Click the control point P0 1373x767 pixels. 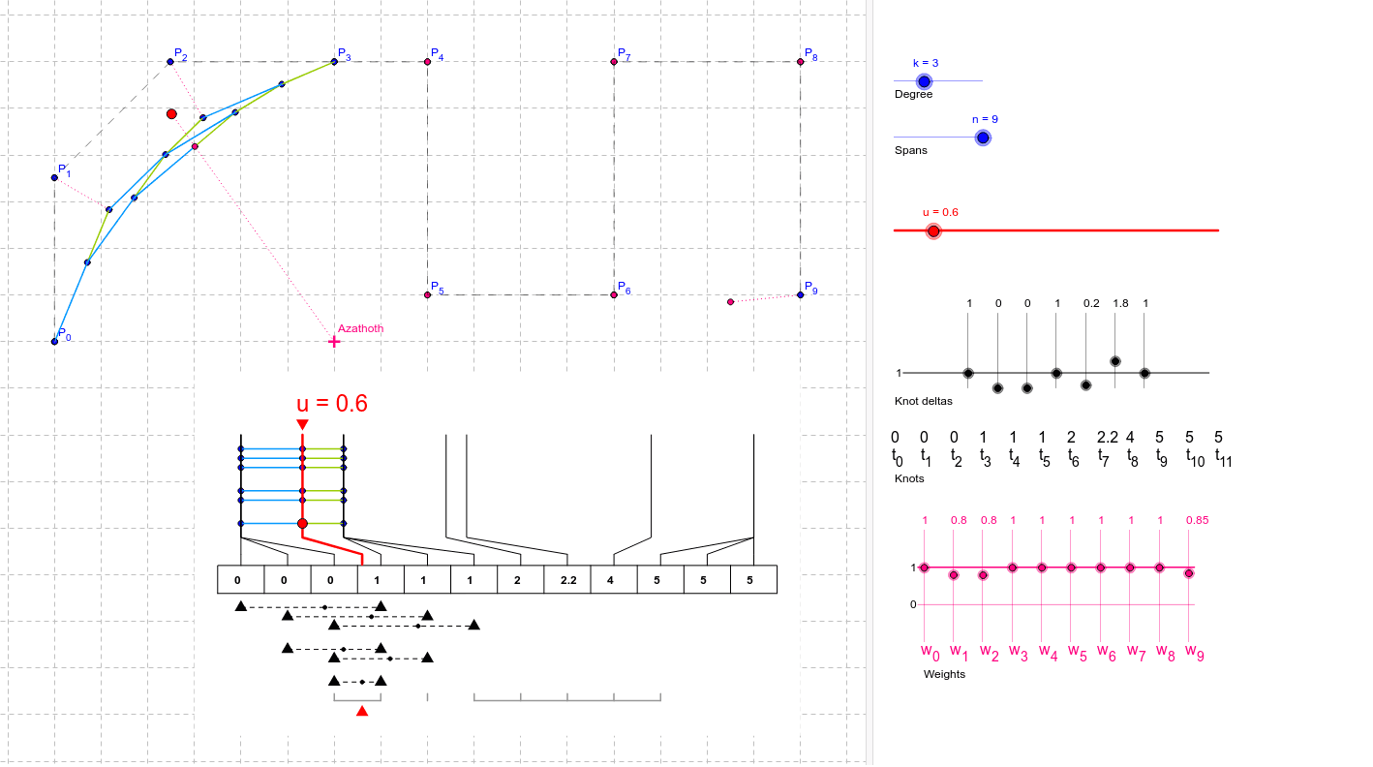click(54, 341)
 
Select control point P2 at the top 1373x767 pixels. click(170, 62)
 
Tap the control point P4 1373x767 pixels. click(427, 62)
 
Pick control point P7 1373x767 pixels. click(614, 62)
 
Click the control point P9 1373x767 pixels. click(801, 294)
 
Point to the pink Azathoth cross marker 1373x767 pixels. click(334, 342)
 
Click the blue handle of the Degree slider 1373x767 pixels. click(924, 82)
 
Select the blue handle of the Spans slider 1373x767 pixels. click(983, 138)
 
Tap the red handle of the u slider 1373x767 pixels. click(933, 231)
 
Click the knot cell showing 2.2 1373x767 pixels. click(567, 581)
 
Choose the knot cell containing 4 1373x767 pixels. click(614, 581)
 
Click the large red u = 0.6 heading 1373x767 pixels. click(332, 404)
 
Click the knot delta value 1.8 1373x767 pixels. click(1120, 303)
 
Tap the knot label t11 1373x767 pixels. click(1223, 458)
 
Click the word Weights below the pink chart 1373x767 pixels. click(944, 674)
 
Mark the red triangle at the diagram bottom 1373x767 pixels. click(362, 711)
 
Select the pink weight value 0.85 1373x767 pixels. click(1197, 520)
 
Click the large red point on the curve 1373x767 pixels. click(171, 114)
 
